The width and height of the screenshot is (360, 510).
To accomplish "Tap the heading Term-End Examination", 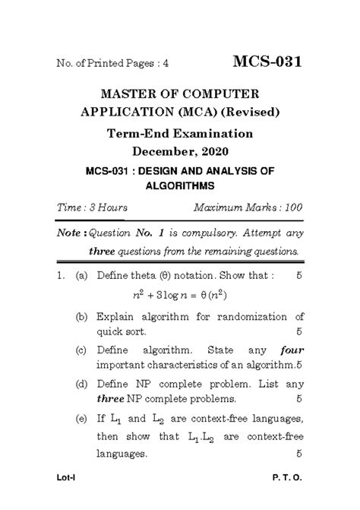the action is coord(180,134).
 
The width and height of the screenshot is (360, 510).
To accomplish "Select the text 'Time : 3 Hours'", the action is coord(92,207).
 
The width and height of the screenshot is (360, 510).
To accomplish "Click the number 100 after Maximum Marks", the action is coord(293,207).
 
